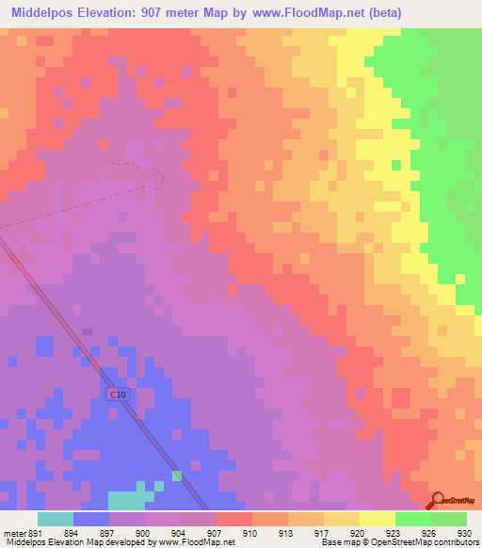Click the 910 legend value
point(250,532)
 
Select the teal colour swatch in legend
point(56,519)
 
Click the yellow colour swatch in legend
point(378,519)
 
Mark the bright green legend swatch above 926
point(413,519)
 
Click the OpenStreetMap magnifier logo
point(438,500)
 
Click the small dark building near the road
point(87,330)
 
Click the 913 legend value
point(286,532)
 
